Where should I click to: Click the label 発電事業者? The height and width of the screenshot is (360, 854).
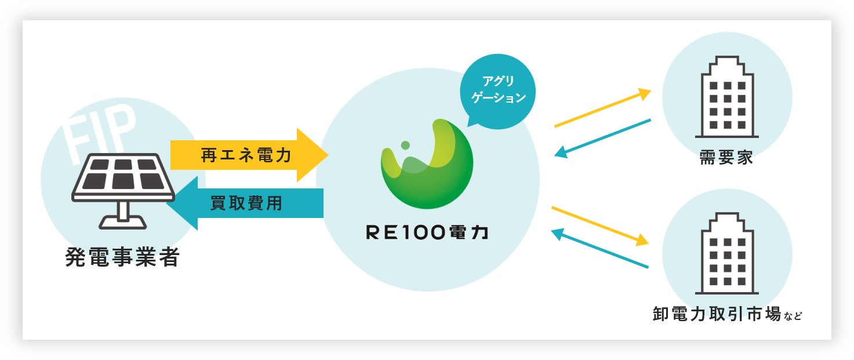pyautogui.click(x=122, y=257)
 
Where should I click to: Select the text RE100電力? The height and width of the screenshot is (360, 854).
pyautogui.click(x=427, y=232)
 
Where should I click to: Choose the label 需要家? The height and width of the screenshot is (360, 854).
pyautogui.click(x=726, y=158)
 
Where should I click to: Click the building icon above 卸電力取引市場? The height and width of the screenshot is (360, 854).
pyautogui.click(x=726, y=253)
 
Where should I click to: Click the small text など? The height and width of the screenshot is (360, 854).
pyautogui.click(x=794, y=317)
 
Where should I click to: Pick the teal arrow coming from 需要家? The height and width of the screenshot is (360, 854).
pyautogui.click(x=603, y=138)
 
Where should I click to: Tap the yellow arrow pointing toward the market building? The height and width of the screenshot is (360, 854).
pyautogui.click(x=600, y=225)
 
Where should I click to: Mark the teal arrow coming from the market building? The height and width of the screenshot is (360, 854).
pyautogui.click(x=600, y=249)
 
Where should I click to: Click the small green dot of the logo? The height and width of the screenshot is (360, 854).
pyautogui.click(x=405, y=144)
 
